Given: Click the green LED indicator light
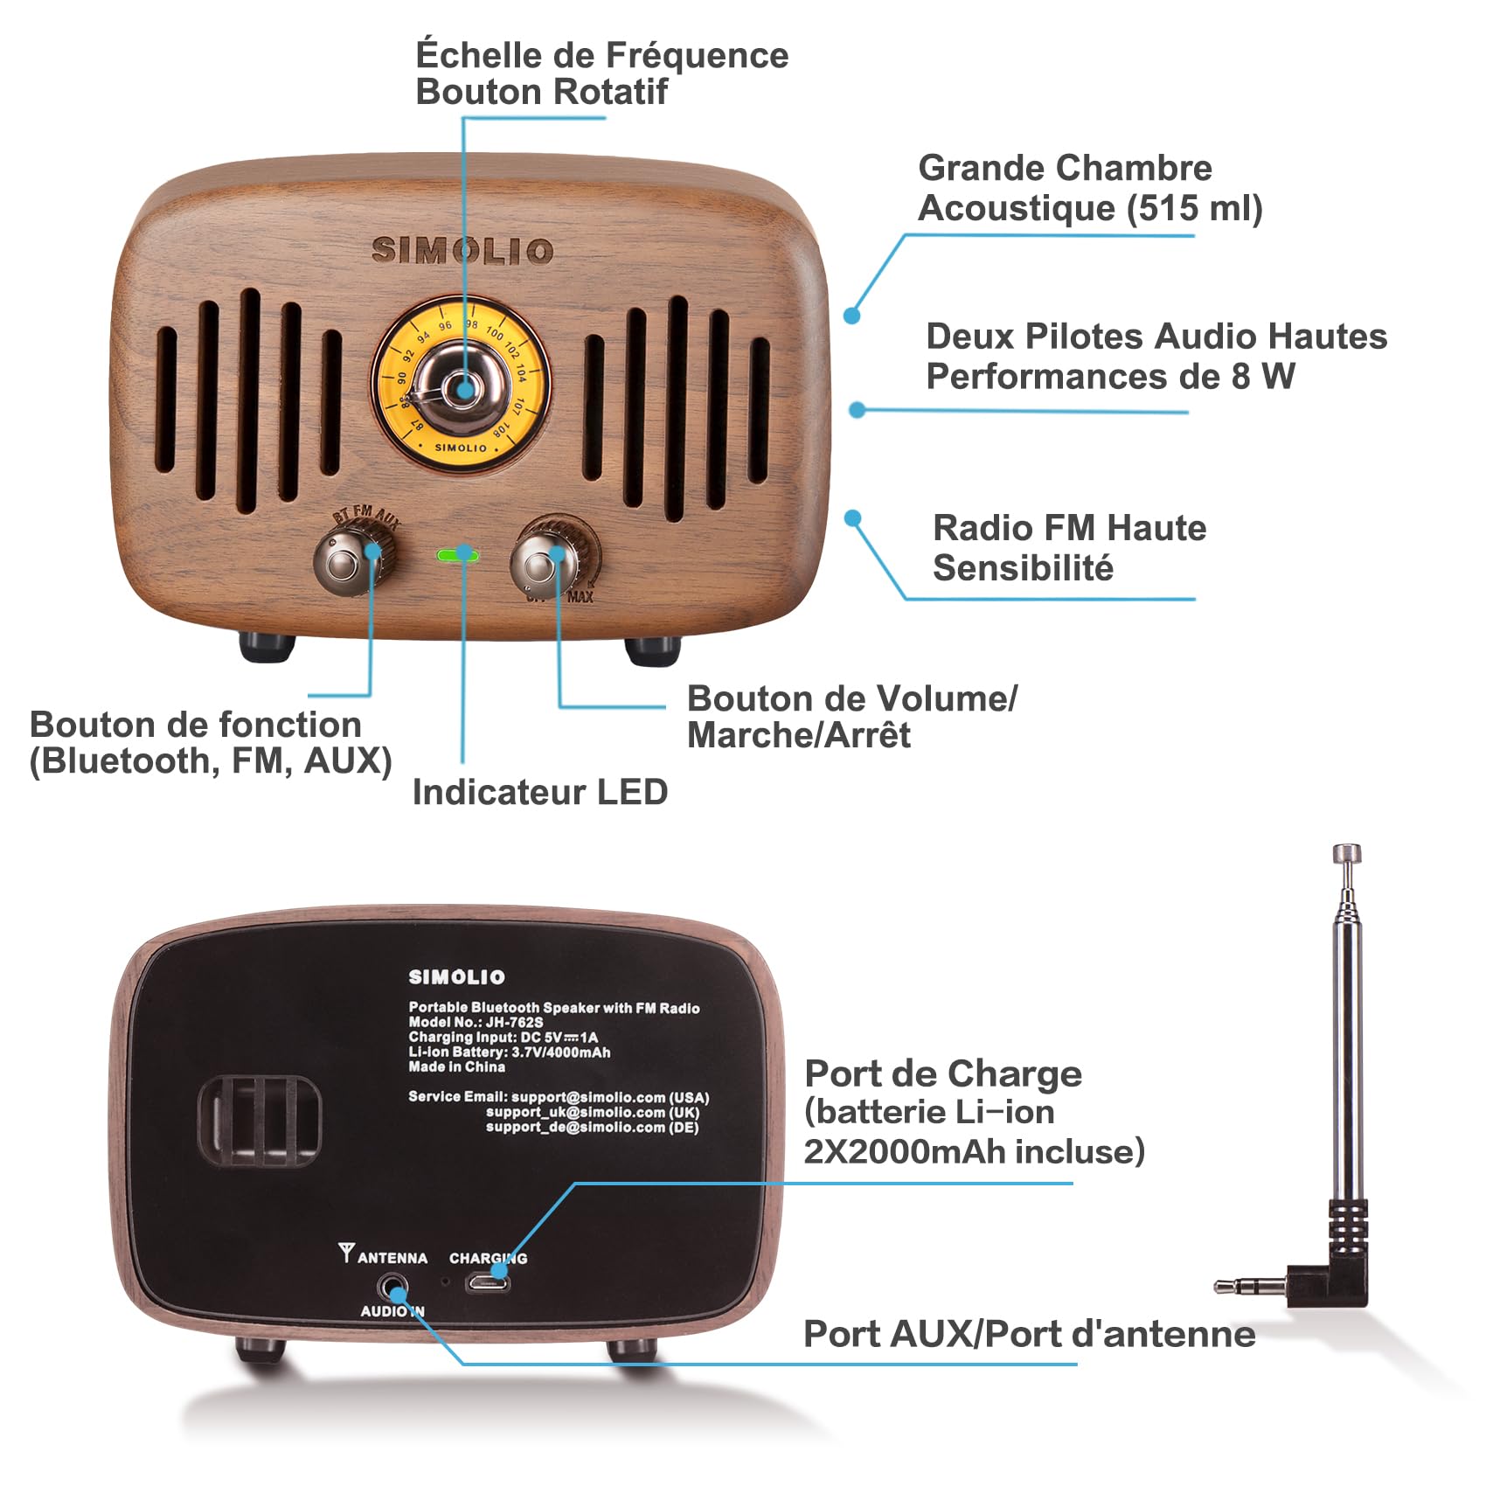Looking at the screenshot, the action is [456, 554].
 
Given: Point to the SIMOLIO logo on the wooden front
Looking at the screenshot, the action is [462, 251].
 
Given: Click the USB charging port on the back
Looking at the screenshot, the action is [487, 1283].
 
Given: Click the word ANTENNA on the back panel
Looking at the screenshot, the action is [392, 1258].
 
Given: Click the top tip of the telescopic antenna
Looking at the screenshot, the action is [1346, 852].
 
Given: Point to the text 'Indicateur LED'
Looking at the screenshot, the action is [540, 792].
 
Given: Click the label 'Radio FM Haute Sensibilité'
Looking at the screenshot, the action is [1069, 548].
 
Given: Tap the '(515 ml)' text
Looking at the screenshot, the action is [1194, 208].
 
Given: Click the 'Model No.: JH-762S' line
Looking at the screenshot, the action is [476, 1022].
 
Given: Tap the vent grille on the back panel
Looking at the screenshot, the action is [260, 1121].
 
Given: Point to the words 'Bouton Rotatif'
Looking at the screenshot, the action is [542, 92].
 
